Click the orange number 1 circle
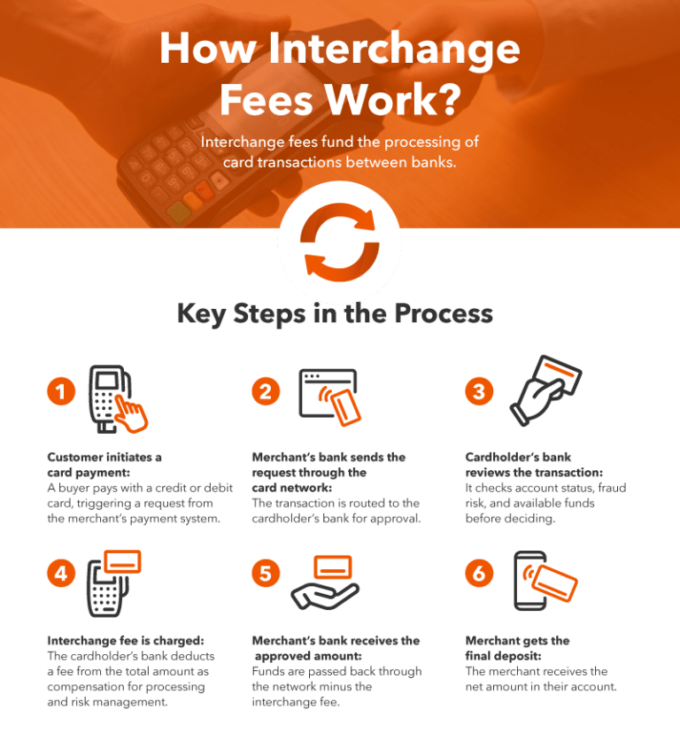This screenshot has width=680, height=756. coord(61,391)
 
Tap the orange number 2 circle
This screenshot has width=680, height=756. coord(266,391)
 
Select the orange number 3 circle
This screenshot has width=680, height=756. coord(479,391)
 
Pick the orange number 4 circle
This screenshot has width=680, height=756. coord(61,574)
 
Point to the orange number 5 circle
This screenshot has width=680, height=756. coord(266,574)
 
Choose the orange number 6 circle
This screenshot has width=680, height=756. coord(479,574)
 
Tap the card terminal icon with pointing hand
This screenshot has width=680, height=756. coord(118,399)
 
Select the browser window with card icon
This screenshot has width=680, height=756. coord(330,397)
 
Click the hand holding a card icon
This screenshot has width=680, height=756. coord(545,390)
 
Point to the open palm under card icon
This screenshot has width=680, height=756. coord(325,582)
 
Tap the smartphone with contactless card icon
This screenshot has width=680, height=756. coord(545,581)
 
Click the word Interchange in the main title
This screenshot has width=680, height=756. coord(394,50)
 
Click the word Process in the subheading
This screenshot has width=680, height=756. coord(444,313)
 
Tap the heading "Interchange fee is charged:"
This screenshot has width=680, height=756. coord(126,641)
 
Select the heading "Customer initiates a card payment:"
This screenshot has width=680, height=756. coord(104,465)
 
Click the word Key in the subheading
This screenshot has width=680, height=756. coord(202,314)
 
